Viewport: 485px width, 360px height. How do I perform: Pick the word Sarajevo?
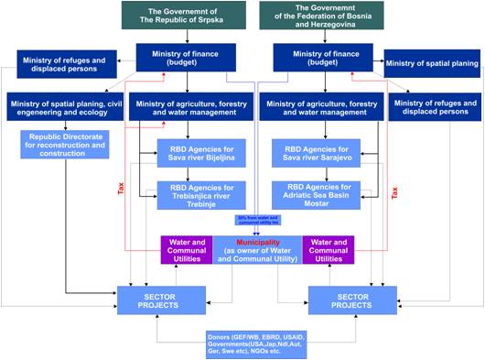tap(336, 158)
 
